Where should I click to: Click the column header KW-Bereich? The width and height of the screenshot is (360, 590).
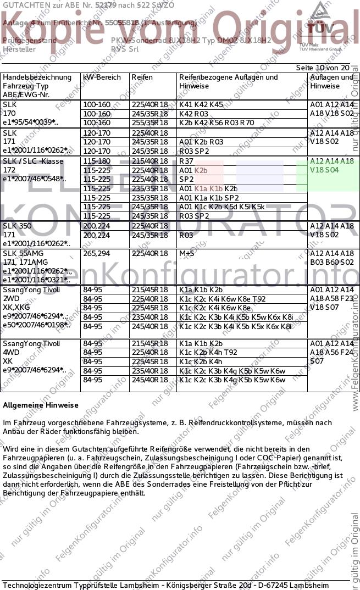tap(102, 77)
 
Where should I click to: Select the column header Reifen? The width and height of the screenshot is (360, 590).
tap(142, 77)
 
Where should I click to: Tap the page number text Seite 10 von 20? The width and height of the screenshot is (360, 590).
tap(323, 68)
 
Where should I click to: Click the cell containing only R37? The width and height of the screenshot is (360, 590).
tap(186, 162)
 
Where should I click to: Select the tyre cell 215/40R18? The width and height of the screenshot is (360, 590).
tap(149, 162)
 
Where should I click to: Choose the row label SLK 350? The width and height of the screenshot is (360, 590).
tap(17, 226)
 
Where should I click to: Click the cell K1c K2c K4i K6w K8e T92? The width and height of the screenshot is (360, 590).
tap(222, 299)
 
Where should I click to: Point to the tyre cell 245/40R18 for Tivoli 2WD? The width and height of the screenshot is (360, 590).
tap(149, 326)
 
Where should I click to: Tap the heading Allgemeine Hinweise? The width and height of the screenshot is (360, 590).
tap(41, 405)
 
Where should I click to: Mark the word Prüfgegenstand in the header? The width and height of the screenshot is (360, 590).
tap(30, 41)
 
